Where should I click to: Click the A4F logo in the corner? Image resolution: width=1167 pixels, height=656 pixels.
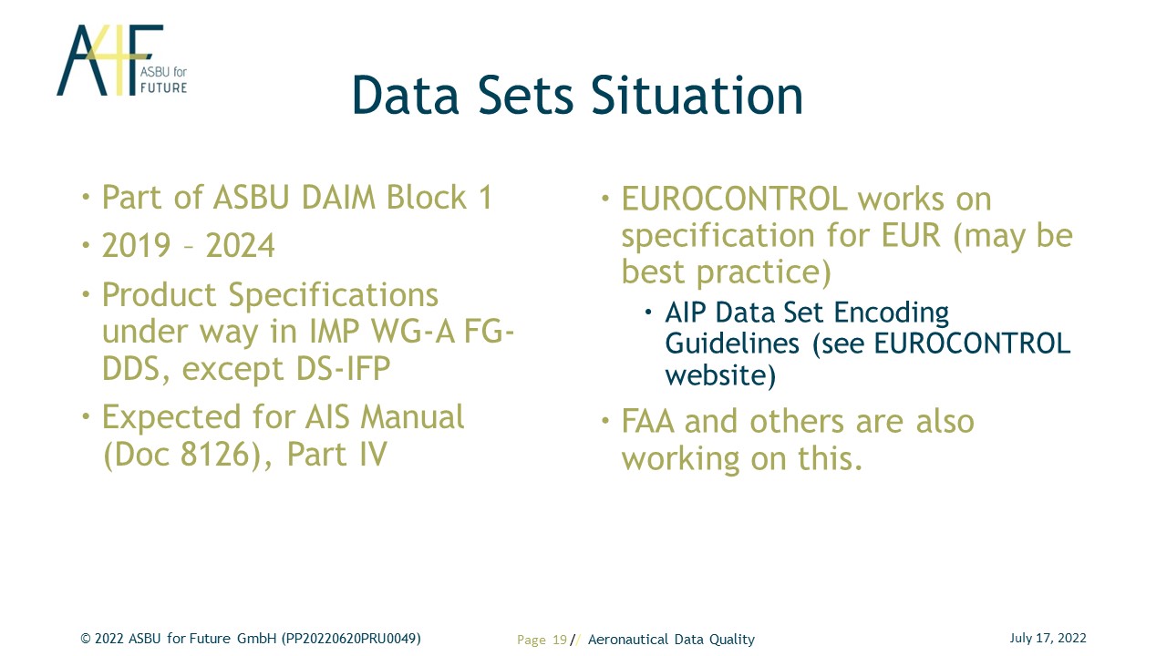coord(122,60)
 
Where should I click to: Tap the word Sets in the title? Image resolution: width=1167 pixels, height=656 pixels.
coord(526,96)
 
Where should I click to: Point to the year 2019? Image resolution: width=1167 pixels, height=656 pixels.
coord(136,245)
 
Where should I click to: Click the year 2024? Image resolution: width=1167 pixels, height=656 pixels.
coord(240,245)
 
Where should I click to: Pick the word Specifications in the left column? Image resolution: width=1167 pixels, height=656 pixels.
coord(334,296)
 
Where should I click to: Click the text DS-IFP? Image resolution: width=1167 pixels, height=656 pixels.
coord(343,368)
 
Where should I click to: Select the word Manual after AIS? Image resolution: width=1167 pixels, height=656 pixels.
coord(412,417)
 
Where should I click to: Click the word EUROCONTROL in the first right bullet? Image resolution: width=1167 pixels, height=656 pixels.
coord(735,199)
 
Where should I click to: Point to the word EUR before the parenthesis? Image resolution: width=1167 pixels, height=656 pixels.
coord(911,235)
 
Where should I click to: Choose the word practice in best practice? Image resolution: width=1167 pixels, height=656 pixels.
coord(764,272)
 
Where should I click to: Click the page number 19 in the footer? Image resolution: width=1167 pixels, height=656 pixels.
coord(560,640)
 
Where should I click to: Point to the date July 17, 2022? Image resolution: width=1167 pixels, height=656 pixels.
coord(1048,639)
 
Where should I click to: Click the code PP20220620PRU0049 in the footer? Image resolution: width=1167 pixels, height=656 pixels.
coord(351,639)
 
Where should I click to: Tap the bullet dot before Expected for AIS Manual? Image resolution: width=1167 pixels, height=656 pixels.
coord(86,416)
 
